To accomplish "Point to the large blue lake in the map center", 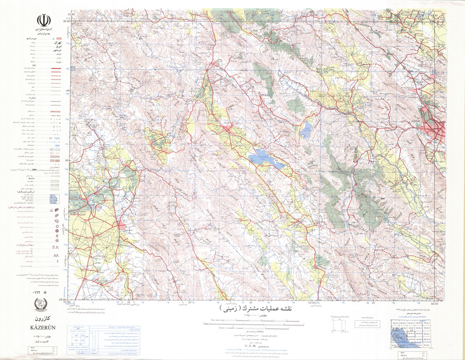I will pyautogui.click(x=266, y=160).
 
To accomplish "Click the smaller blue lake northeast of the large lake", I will pyautogui.click(x=306, y=130).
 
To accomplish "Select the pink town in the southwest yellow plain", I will pyautogui.click(x=122, y=226).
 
